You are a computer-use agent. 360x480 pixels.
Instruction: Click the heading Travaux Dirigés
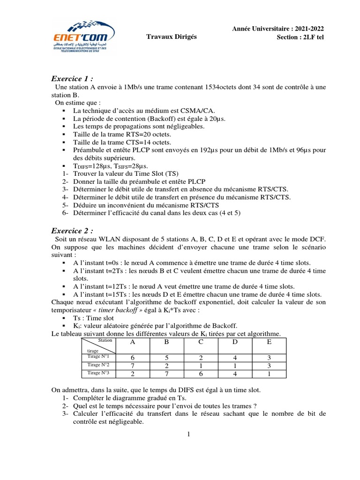point(172,37)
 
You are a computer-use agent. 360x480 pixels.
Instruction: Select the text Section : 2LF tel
point(301,37)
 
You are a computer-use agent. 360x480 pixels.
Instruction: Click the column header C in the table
point(201,342)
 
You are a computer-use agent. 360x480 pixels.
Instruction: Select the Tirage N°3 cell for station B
point(167,373)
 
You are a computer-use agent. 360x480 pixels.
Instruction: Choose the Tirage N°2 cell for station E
point(269,365)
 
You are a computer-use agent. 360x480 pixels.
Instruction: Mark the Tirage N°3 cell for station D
point(235,373)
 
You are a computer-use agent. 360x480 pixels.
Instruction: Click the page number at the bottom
point(188,434)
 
